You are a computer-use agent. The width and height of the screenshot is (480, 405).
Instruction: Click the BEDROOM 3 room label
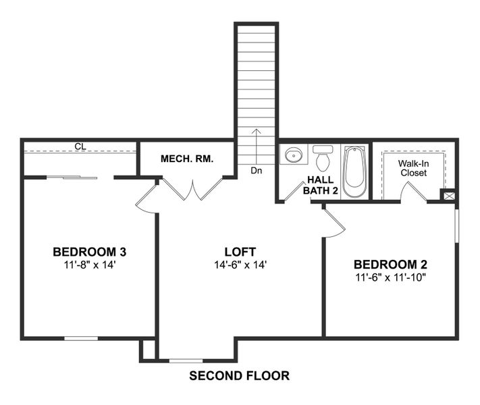[90, 252]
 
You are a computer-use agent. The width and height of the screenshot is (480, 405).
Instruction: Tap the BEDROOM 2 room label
[390, 265]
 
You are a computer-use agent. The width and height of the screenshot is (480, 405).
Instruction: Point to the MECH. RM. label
[187, 159]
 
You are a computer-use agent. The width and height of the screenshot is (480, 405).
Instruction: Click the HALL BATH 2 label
[322, 185]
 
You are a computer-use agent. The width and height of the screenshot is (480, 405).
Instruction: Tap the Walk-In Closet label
[413, 168]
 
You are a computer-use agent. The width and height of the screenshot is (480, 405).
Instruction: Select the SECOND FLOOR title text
[240, 376]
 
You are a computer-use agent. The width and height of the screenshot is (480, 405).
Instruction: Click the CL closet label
[80, 146]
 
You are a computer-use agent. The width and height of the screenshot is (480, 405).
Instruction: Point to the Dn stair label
[256, 171]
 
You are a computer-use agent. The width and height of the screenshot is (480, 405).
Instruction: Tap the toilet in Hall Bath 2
[323, 159]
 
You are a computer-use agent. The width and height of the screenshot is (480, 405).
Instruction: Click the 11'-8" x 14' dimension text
[90, 265]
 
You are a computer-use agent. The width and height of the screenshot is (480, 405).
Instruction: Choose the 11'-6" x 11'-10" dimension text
[390, 277]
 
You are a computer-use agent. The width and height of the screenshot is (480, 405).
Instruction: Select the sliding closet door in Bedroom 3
[72, 178]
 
